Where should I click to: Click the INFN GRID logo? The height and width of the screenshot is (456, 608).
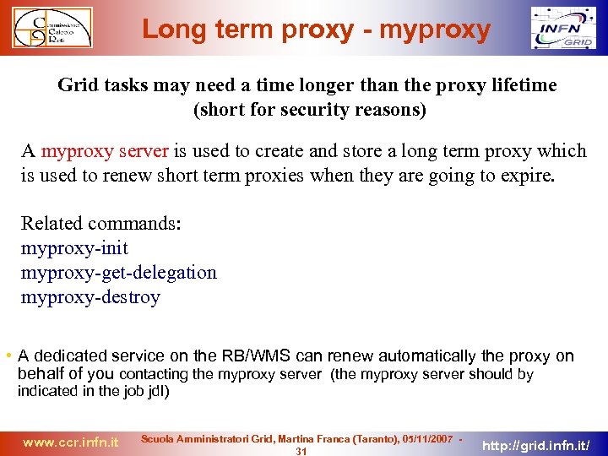point(562,29)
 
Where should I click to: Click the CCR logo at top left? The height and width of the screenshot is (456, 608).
point(52,28)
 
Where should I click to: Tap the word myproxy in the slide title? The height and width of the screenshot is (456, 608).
point(435,30)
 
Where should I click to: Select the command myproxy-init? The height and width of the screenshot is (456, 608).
point(74,248)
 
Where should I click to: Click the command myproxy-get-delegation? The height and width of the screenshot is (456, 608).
point(118,273)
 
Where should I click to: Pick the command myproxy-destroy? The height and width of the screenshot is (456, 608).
point(90,297)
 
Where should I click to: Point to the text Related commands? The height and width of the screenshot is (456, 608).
point(101,224)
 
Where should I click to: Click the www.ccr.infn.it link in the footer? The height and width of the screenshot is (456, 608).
point(71,442)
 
